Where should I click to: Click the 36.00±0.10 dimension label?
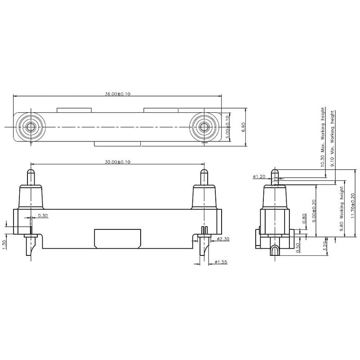click(x=117, y=94)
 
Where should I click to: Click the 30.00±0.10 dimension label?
click(x=117, y=162)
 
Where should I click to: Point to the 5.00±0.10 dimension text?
click(x=227, y=127)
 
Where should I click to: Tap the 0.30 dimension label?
click(x=43, y=216)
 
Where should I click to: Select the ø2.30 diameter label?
click(x=222, y=239)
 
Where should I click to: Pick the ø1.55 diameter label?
click(x=221, y=262)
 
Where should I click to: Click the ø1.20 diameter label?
click(x=259, y=176)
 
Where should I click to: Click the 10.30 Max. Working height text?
click(x=322, y=137)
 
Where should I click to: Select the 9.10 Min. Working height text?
click(x=333, y=139)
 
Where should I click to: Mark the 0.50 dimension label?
click(x=298, y=247)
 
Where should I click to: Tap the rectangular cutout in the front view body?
click(x=117, y=238)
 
